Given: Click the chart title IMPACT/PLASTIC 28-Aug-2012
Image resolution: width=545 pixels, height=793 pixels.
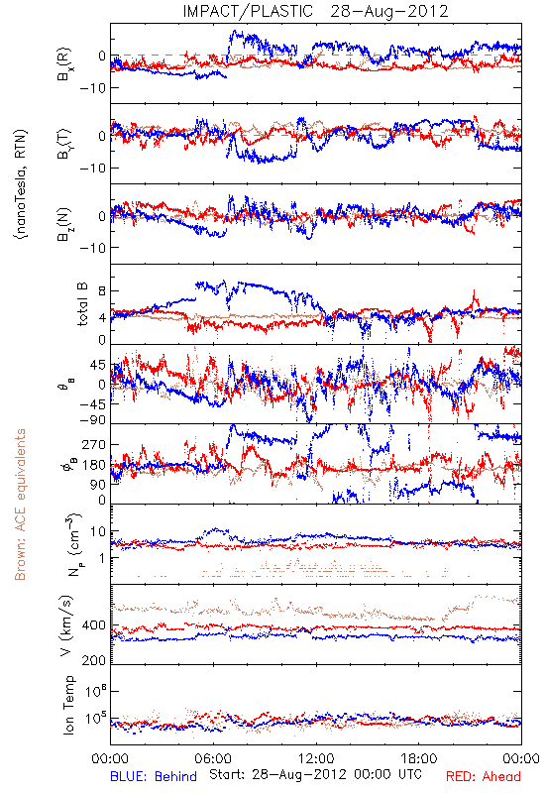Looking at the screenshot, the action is [x=315, y=11].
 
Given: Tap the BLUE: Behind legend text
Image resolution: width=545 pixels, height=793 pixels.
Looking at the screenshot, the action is [x=154, y=776].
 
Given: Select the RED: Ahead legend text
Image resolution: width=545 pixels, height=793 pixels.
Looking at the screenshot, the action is [x=483, y=776].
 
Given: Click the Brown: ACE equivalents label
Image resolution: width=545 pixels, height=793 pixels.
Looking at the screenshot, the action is [x=20, y=505].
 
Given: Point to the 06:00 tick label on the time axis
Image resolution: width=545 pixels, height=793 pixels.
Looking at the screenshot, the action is [x=213, y=758].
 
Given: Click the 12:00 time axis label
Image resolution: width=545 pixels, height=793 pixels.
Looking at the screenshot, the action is [x=316, y=758].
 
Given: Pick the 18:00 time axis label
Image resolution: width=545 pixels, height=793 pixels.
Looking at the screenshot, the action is [x=419, y=758].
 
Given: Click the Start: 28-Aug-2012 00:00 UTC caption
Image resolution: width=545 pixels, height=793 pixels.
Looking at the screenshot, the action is [x=315, y=774].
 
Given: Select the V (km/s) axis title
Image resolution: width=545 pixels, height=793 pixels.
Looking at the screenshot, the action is [x=65, y=625].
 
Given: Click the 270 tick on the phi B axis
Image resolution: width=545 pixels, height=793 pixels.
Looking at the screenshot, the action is [x=94, y=444].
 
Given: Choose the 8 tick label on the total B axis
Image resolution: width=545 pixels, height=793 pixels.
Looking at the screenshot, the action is [x=102, y=290].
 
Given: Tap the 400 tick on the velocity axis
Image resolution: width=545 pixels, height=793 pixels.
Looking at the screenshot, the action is [x=94, y=625].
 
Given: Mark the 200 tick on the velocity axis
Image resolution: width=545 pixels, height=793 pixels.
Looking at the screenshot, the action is [x=94, y=660].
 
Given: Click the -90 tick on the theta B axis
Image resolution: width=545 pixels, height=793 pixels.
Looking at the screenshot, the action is [x=92, y=420].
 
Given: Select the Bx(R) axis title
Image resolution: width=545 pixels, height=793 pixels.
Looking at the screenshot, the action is [x=64, y=64].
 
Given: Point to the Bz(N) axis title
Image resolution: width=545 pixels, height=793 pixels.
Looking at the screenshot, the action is [x=64, y=224].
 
